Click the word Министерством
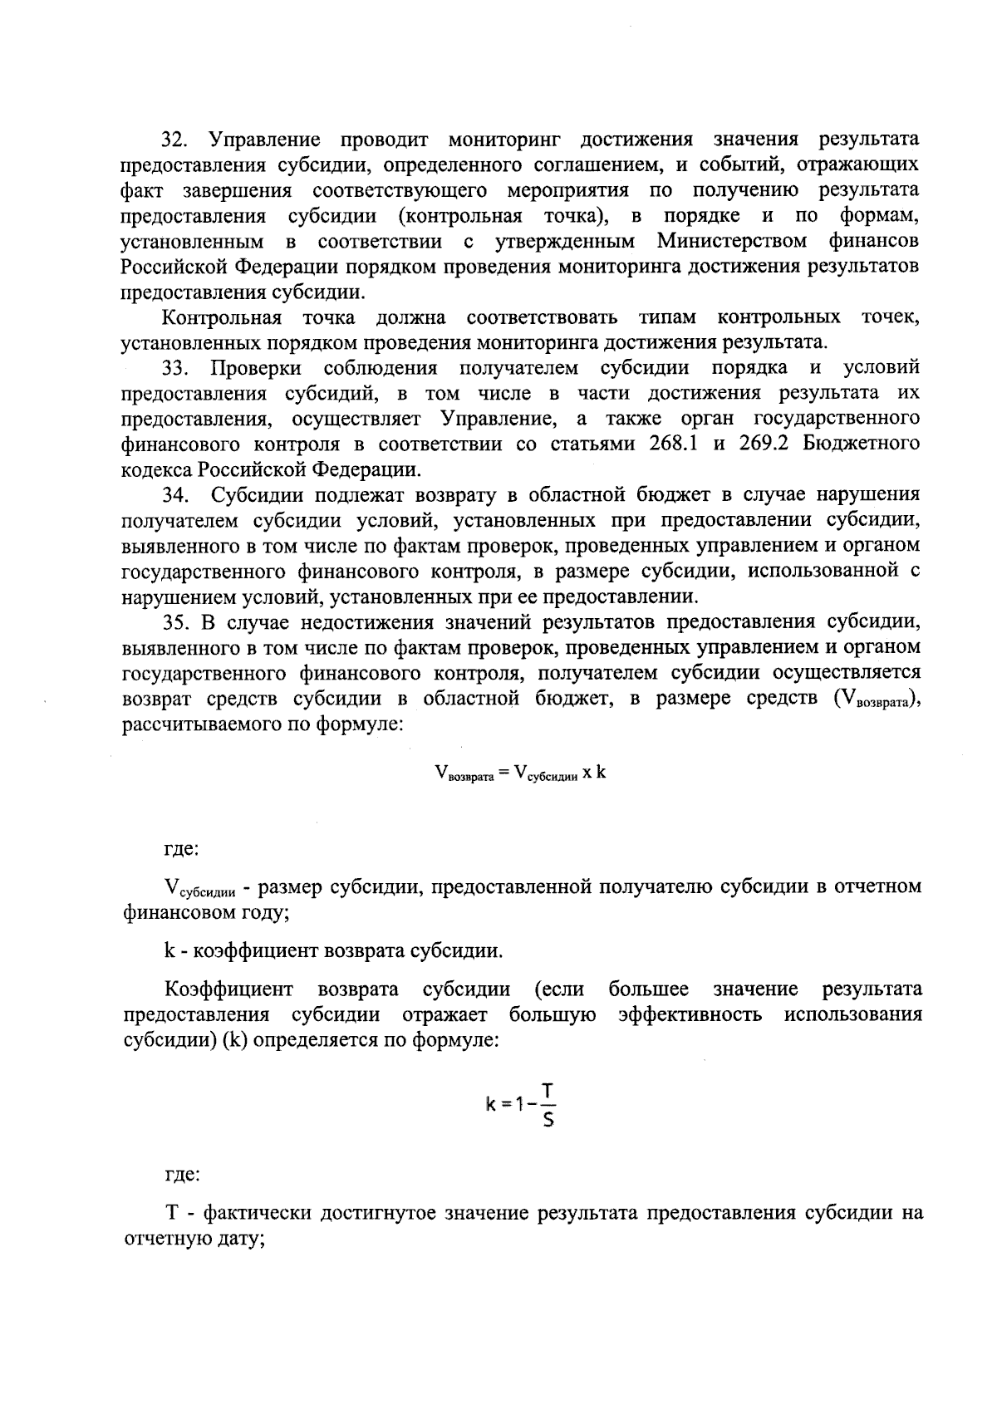731,242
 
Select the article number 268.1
673,444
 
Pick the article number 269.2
764,444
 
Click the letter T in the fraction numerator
548,1089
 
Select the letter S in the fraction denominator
548,1121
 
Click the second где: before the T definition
180,1176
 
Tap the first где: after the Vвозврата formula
180,850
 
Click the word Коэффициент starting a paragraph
228,989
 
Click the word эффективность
690,1015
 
